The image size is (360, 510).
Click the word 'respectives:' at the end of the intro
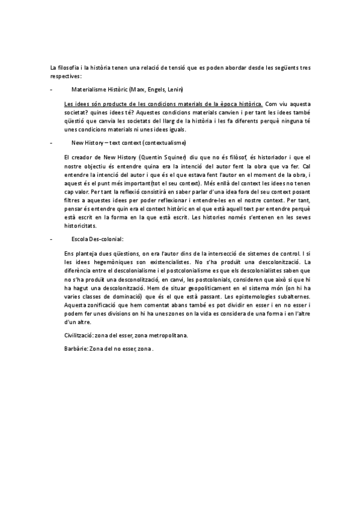(66, 76)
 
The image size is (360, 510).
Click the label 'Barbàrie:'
(76, 348)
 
